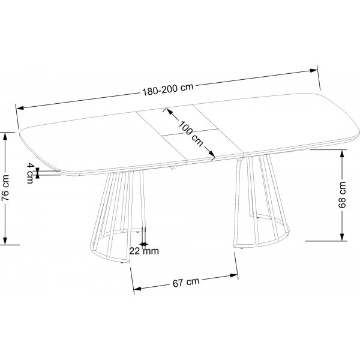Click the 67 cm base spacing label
click(184, 281)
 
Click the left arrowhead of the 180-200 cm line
click(19, 108)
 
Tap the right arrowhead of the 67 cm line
click(234, 274)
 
